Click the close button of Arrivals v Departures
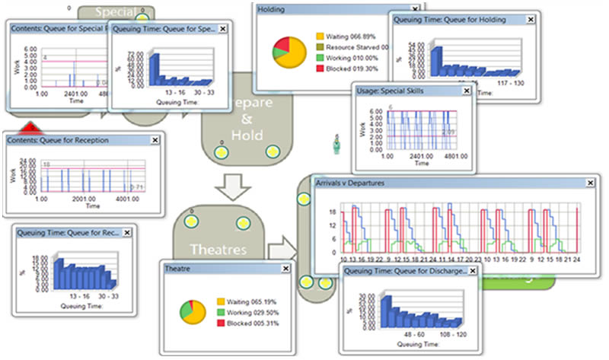(590, 183)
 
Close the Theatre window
(285, 269)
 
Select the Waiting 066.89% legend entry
(349, 35)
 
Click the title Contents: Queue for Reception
(58, 139)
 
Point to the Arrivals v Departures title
(351, 183)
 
